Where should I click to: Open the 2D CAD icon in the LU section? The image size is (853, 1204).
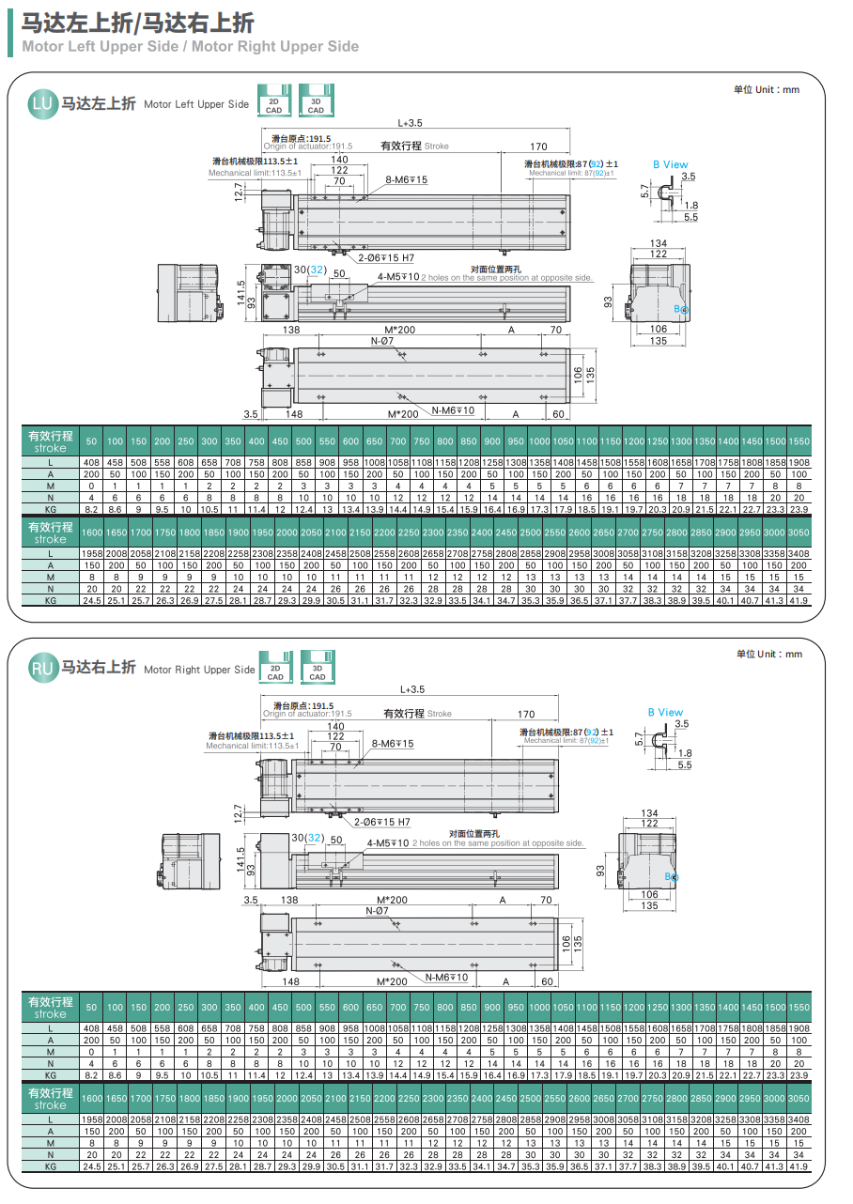click(x=273, y=104)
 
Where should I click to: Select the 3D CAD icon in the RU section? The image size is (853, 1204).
click(x=318, y=671)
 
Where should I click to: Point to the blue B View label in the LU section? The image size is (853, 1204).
click(x=671, y=164)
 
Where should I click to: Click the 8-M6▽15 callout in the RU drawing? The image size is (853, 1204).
click(x=393, y=744)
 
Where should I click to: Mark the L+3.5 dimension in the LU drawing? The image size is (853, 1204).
click(x=411, y=122)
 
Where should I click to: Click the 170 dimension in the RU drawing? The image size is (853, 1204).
click(x=526, y=715)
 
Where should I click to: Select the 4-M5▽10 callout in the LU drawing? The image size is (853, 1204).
click(x=398, y=277)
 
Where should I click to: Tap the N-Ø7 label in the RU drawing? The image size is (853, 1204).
click(x=377, y=911)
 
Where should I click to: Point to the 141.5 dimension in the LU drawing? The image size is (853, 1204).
click(x=240, y=293)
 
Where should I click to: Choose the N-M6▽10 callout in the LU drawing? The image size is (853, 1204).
click(x=453, y=410)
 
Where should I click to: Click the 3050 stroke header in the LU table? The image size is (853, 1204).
click(x=799, y=532)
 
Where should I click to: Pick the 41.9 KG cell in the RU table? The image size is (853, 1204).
click(x=799, y=1165)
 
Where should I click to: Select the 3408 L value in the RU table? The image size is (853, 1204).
click(x=799, y=1119)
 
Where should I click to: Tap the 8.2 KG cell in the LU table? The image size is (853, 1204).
click(x=91, y=508)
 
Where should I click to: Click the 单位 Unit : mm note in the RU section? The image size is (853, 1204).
click(x=769, y=654)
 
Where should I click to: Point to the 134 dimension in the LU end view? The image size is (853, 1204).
click(x=659, y=244)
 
